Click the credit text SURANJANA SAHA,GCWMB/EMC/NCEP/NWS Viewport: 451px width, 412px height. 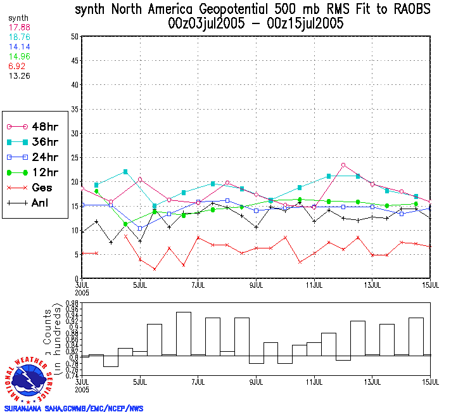(73, 408)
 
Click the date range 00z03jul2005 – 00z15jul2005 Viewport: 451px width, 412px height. (252, 24)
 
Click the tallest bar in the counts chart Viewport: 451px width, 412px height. (184, 334)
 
